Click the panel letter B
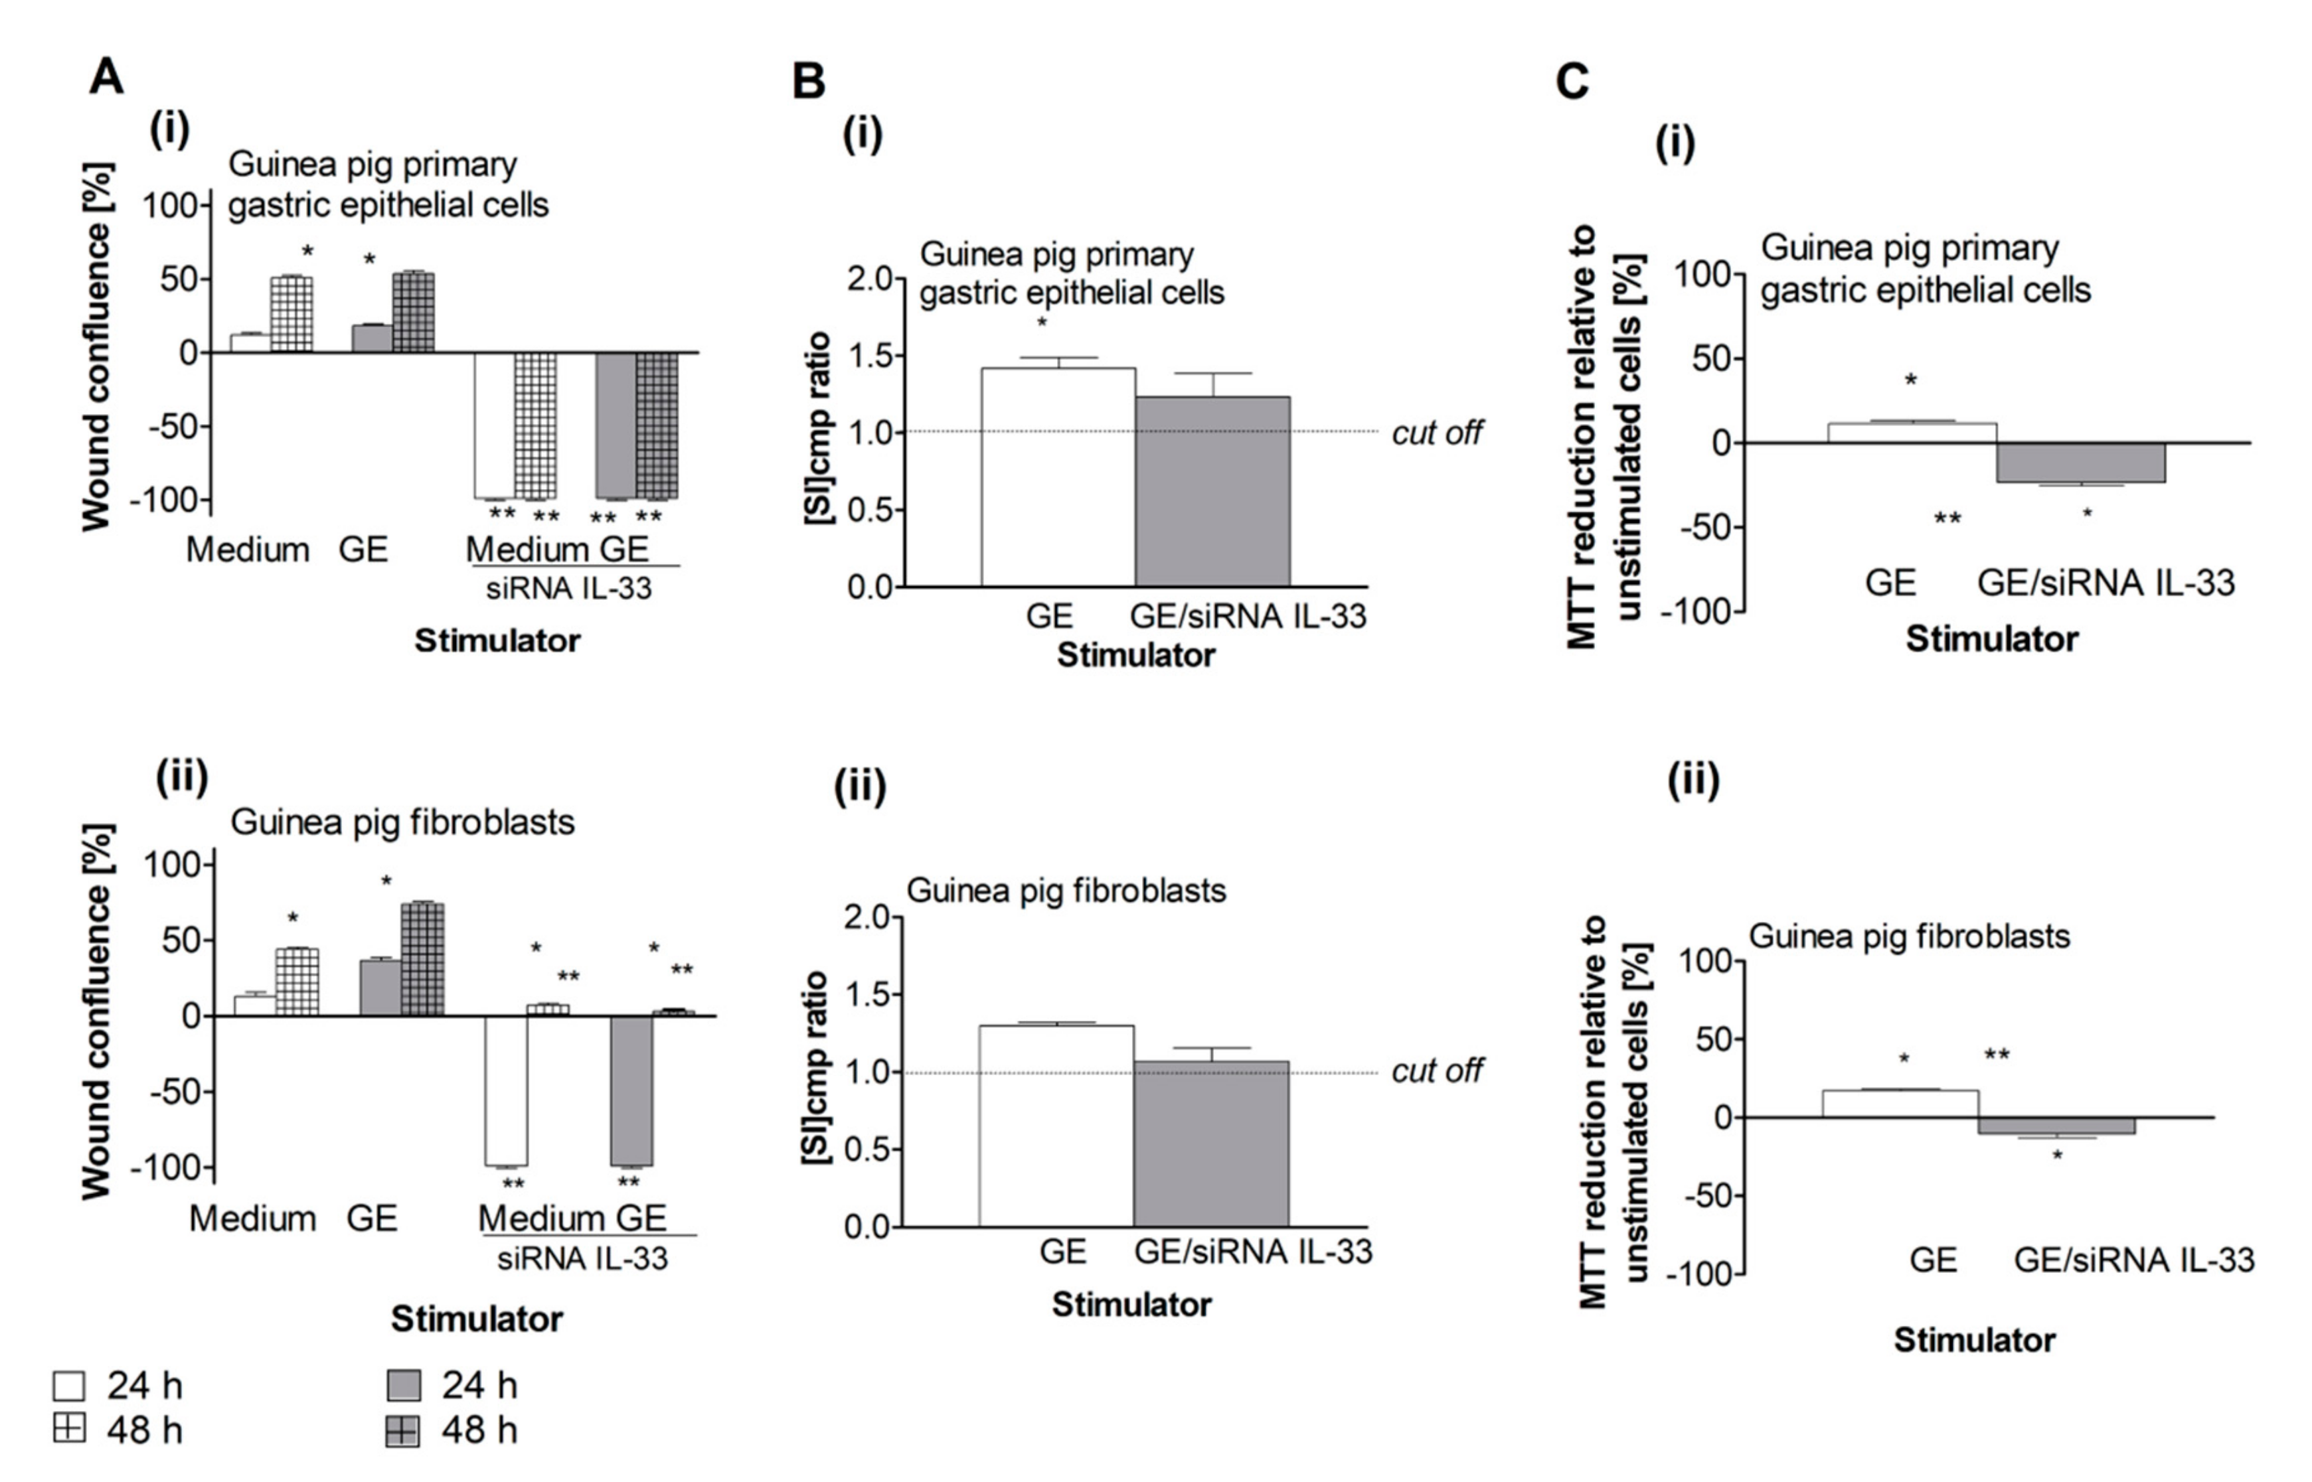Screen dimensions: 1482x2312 click(x=809, y=81)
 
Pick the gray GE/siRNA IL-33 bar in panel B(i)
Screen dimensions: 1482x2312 click(x=1213, y=491)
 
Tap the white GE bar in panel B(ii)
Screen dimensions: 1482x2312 click(x=1056, y=1126)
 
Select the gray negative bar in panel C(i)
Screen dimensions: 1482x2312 click(x=2080, y=463)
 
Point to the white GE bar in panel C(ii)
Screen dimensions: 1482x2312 click(x=1900, y=1104)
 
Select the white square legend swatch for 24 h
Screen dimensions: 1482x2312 click(x=69, y=1386)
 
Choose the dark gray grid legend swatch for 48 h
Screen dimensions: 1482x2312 click(x=402, y=1431)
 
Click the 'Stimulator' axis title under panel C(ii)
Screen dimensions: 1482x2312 click(x=1974, y=1339)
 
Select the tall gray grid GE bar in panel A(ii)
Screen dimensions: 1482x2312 click(x=422, y=958)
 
